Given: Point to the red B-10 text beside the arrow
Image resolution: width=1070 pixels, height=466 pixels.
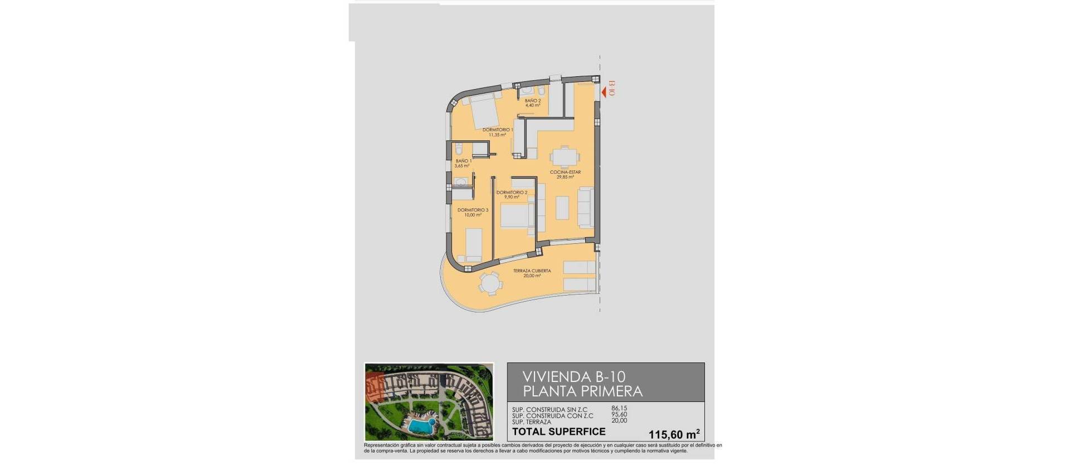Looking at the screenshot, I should pos(611,89).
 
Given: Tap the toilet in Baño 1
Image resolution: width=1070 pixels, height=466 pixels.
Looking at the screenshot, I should pos(458,150).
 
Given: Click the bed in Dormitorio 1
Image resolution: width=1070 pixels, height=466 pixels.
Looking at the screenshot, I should pos(486,110).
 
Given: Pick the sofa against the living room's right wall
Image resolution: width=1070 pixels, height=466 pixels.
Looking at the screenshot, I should pos(585,207).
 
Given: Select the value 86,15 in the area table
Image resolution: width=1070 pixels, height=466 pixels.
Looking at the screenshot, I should pos(619,408).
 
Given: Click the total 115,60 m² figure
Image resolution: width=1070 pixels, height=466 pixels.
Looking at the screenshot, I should pos(674,434).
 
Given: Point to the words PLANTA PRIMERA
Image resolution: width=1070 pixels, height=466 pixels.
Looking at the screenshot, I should pos(582,391).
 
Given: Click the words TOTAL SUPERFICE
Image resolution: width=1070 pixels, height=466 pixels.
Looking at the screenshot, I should pos(558,431).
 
